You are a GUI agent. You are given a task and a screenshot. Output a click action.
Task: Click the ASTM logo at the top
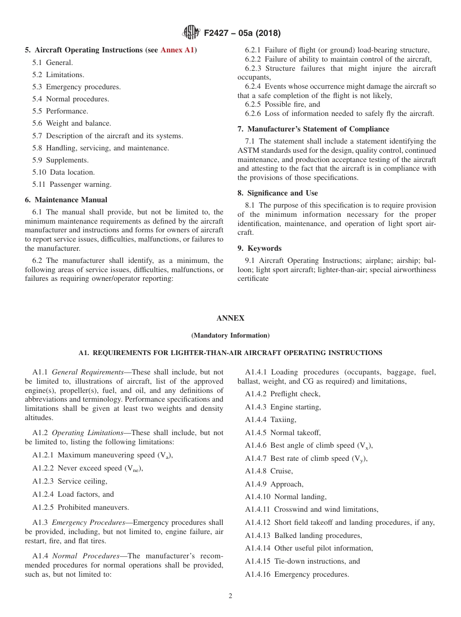point(191,33)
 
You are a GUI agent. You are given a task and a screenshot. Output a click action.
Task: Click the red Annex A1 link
point(178,50)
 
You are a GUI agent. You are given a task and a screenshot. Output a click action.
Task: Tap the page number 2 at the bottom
point(230,596)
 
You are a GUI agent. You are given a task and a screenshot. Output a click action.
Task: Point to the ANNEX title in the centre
point(230,318)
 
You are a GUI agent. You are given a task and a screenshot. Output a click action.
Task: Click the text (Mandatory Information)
point(230,335)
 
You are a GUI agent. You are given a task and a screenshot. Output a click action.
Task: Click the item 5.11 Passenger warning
point(72,184)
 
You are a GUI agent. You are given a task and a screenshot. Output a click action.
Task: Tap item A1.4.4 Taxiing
point(270,420)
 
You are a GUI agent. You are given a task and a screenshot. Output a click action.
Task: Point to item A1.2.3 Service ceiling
point(70,481)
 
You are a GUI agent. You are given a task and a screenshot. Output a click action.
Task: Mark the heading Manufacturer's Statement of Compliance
point(313,129)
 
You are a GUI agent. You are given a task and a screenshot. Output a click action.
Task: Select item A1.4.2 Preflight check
point(282,394)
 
